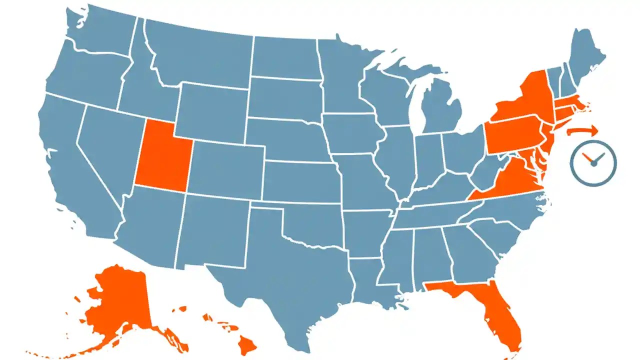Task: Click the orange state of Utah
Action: pos(161,155)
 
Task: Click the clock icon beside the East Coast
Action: pos(593,163)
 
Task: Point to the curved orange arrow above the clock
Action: pos(582,131)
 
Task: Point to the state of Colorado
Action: pos(227,167)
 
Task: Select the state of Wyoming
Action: pos(210,112)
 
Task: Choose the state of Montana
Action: pos(200,57)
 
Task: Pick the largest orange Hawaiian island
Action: pos(246,343)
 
